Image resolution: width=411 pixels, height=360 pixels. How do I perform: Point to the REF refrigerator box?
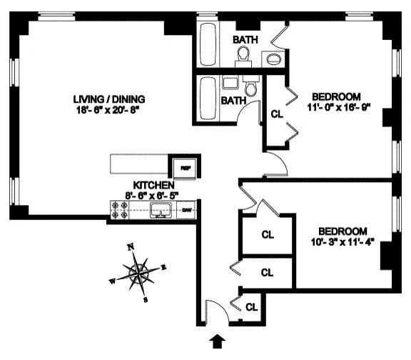coord(185,168)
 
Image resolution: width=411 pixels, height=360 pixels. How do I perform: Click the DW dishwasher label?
coord(186,210)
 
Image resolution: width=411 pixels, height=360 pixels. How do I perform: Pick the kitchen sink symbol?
coord(161,209)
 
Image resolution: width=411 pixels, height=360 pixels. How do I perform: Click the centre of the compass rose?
coord(138,272)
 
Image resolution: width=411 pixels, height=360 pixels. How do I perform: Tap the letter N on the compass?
coord(130,247)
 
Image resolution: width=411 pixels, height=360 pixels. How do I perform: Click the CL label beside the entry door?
coord(250,307)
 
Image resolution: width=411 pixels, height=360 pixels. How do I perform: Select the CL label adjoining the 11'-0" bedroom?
coord(277,113)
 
